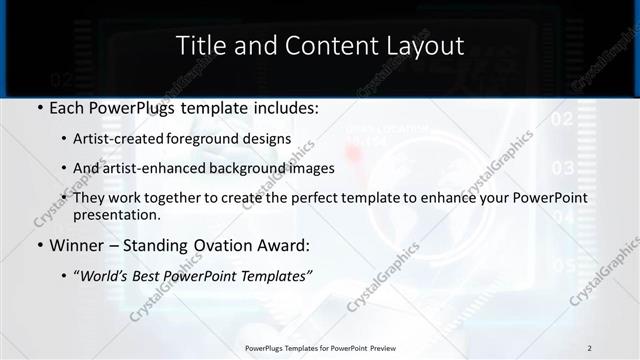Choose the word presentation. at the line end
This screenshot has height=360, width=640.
116,214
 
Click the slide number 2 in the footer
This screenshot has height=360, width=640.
590,348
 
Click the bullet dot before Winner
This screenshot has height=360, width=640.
39,245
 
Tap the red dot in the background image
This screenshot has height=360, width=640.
352,152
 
